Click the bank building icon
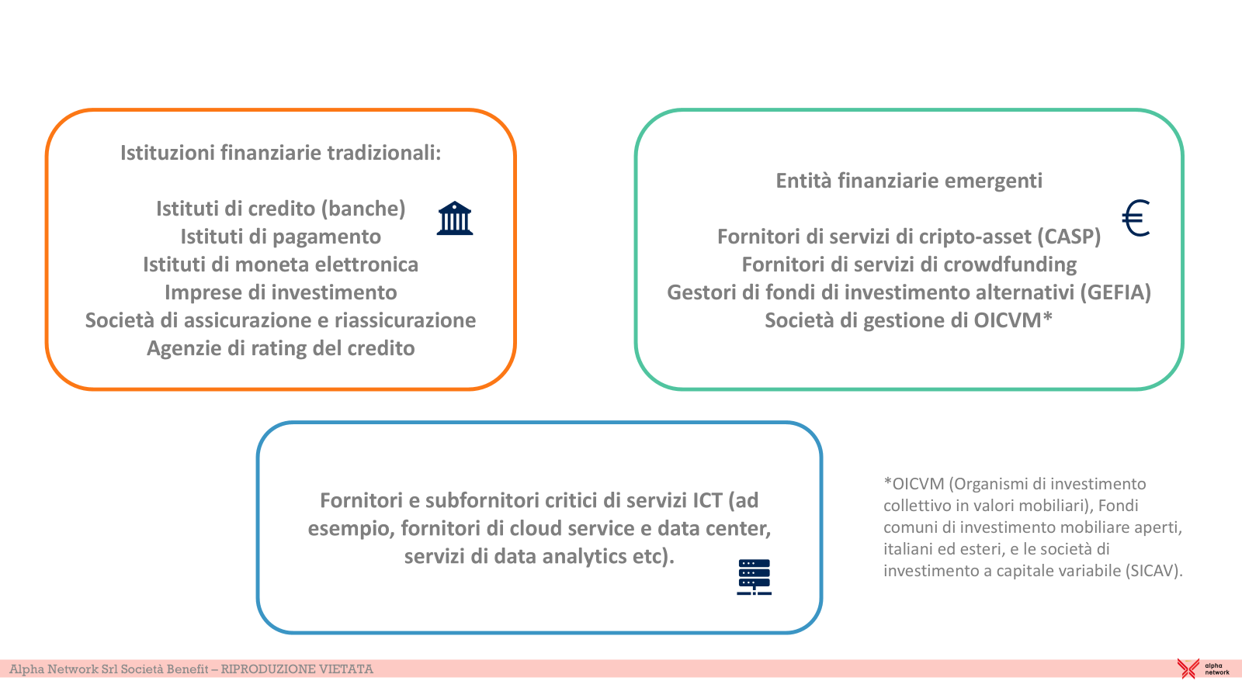[x=455, y=218]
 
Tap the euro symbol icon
[x=1136, y=218]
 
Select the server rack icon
[x=754, y=577]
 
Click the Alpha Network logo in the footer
[x=1203, y=669]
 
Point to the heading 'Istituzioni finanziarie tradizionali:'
[x=280, y=153]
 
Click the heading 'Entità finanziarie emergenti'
[x=909, y=181]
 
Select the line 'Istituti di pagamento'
[x=280, y=237]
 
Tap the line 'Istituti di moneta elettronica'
[x=280, y=264]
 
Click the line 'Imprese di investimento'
[x=280, y=292]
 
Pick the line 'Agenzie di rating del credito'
[x=280, y=348]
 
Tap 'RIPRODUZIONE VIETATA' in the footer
[x=297, y=669]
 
